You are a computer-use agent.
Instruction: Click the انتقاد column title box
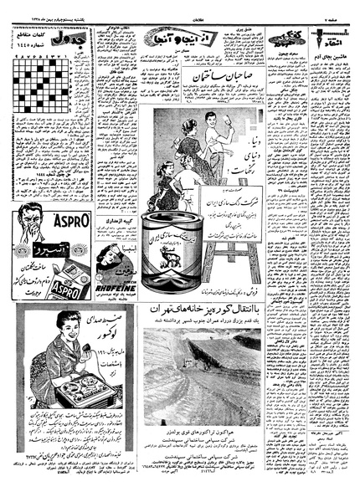327,38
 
